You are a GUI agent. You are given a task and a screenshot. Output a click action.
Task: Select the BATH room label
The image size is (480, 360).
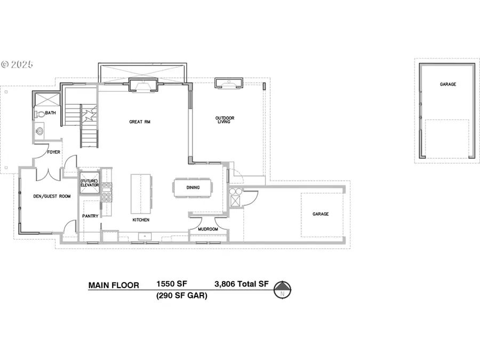point(51,113)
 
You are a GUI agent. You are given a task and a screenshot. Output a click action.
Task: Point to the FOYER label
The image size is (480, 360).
point(53,152)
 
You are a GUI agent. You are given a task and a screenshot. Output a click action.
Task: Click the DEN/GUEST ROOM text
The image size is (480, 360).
point(52,196)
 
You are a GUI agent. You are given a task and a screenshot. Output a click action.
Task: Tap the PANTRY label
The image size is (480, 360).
point(90,216)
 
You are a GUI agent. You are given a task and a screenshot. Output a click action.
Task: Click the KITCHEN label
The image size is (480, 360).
point(141,220)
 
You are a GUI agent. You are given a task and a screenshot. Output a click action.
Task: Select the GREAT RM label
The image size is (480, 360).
point(140,122)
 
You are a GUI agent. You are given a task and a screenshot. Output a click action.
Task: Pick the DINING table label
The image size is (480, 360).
point(193,187)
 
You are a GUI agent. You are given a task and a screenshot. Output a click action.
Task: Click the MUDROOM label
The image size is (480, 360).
point(207,229)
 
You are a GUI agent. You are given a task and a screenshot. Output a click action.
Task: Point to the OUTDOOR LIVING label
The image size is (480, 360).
point(225,120)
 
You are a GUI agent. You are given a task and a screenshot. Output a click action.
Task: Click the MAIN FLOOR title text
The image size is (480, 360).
point(114,285)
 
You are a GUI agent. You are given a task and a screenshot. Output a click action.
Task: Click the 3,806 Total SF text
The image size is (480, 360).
point(241,285)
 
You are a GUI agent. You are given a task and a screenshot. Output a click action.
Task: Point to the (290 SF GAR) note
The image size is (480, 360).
point(181,295)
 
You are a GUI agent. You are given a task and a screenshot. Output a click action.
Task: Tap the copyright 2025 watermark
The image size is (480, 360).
point(17,65)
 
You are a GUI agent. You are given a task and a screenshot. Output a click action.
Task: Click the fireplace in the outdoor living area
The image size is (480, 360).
point(229,83)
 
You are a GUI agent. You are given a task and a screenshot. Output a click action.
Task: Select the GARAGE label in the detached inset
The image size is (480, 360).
point(448,84)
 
